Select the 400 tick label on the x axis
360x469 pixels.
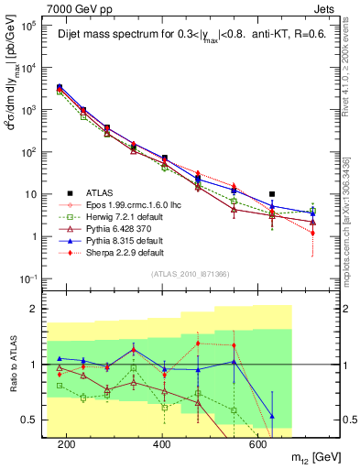161,444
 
